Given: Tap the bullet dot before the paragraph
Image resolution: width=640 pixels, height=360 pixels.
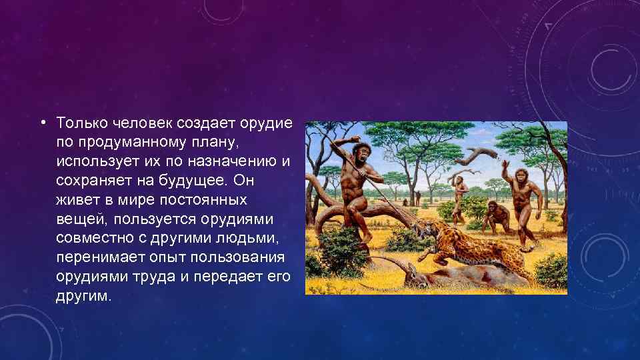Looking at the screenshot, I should point(42,123).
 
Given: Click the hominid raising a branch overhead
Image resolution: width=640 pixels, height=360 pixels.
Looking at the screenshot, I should point(458,193).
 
